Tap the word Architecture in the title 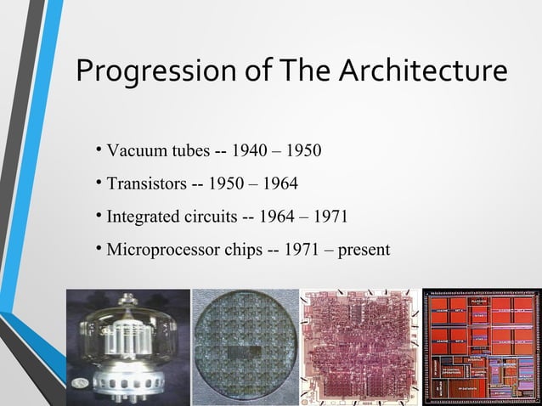click(424, 70)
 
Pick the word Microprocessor click(161, 250)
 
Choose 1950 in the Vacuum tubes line click(303, 152)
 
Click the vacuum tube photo click(127, 347)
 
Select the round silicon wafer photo click(245, 347)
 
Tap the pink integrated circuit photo click(360, 347)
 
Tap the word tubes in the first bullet click(189, 152)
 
